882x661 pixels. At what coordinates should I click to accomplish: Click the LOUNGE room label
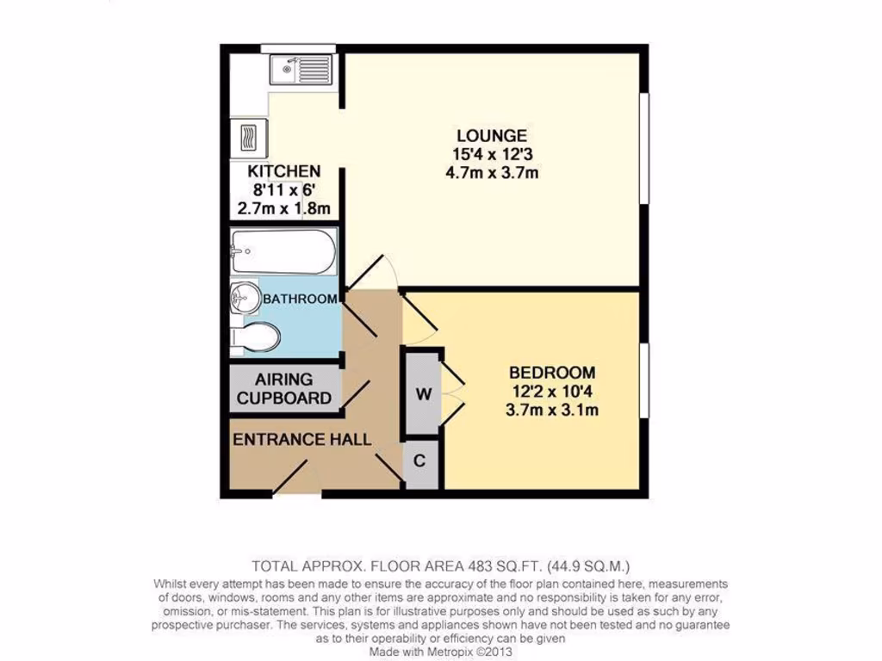click(x=491, y=135)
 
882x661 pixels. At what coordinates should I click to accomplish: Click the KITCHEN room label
click(x=284, y=171)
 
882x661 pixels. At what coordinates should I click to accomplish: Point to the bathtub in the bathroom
click(x=283, y=250)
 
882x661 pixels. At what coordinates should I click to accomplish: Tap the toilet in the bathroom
click(x=258, y=337)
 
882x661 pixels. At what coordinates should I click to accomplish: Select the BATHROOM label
click(x=300, y=300)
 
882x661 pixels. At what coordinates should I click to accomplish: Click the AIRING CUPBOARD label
click(x=284, y=389)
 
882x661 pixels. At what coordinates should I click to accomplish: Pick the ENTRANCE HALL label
click(x=302, y=440)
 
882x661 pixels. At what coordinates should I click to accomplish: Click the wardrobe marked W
click(x=423, y=393)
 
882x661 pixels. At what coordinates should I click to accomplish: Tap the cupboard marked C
click(x=419, y=461)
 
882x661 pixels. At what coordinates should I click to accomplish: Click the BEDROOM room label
click(x=552, y=373)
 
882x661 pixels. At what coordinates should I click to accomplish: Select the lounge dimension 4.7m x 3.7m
click(x=491, y=172)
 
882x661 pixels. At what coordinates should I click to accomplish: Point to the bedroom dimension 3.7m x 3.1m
click(x=552, y=410)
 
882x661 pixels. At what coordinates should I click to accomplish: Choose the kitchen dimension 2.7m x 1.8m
click(x=284, y=208)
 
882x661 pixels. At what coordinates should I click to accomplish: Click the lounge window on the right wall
click(x=643, y=146)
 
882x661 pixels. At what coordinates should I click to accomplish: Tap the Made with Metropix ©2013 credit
click(x=441, y=652)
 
